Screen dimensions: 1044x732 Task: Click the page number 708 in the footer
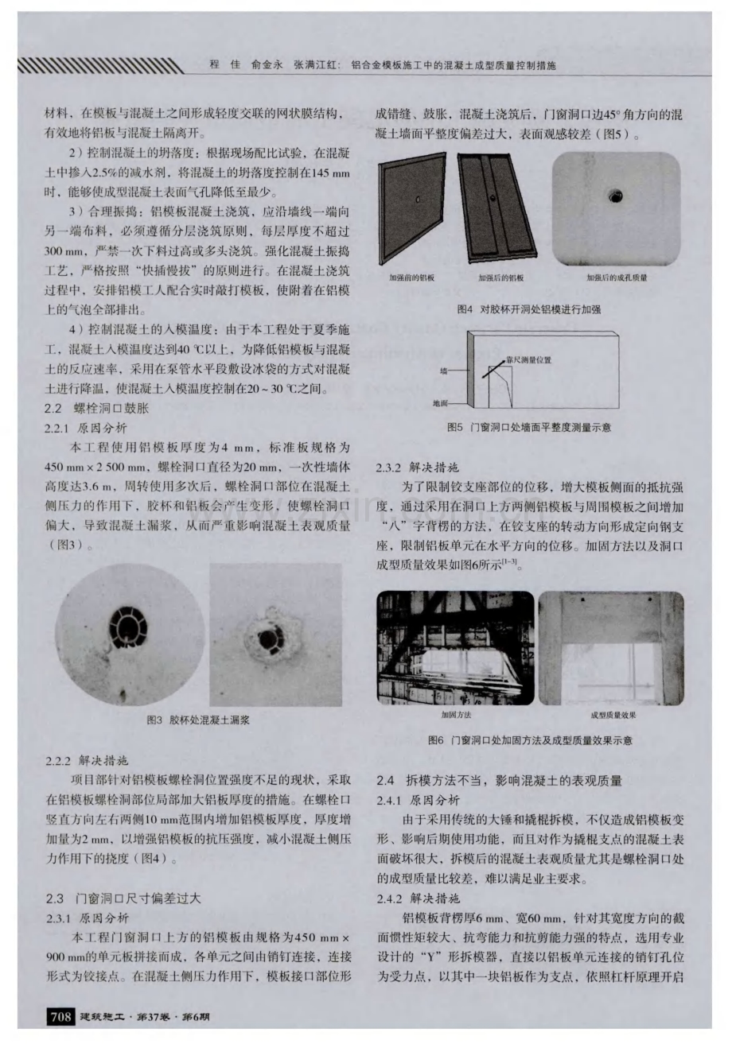pos(62,1016)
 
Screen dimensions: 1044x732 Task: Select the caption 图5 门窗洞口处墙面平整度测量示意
pos(530,428)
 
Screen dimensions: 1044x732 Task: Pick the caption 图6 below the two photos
pos(530,740)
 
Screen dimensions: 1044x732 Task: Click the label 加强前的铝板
pos(411,278)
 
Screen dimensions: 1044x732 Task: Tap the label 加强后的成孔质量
pos(616,278)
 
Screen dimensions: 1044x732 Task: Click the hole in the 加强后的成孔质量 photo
pos(614,196)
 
